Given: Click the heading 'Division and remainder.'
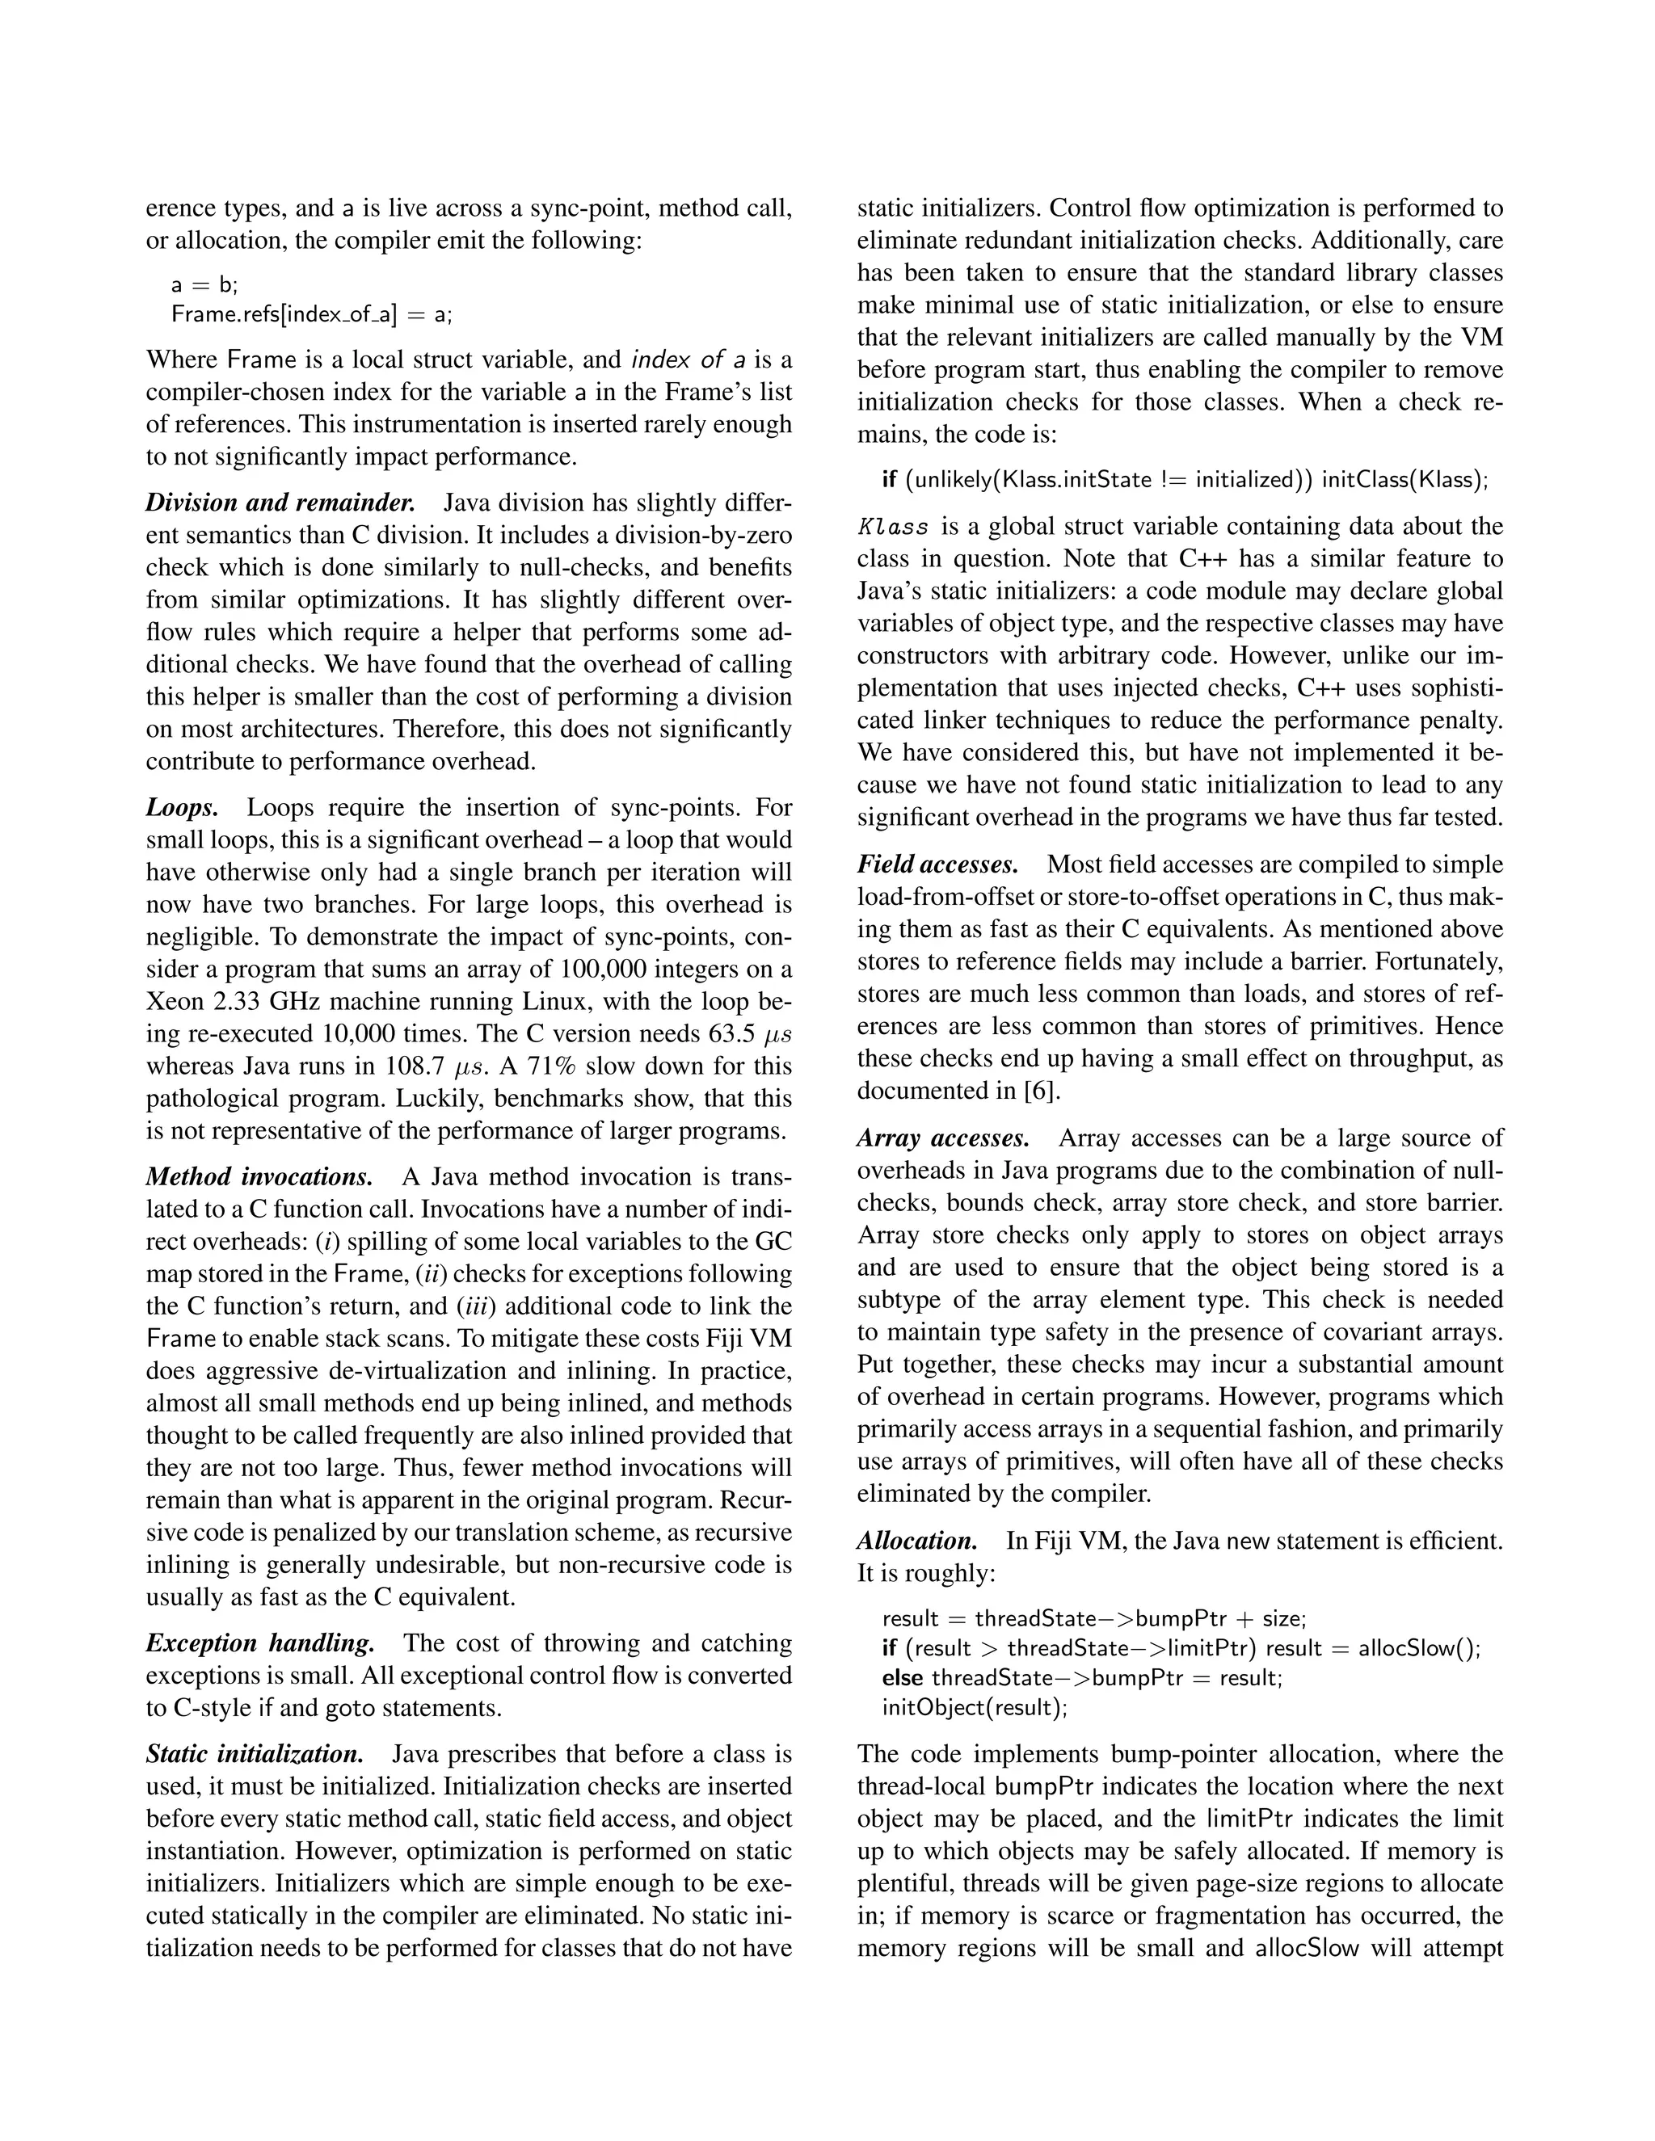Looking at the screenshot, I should click(280, 503).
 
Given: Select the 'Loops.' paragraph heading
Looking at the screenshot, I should click(181, 808).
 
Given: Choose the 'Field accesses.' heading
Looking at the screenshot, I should click(937, 864).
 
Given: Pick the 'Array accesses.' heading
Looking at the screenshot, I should click(943, 1138).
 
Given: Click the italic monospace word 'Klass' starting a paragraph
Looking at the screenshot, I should click(893, 528).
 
